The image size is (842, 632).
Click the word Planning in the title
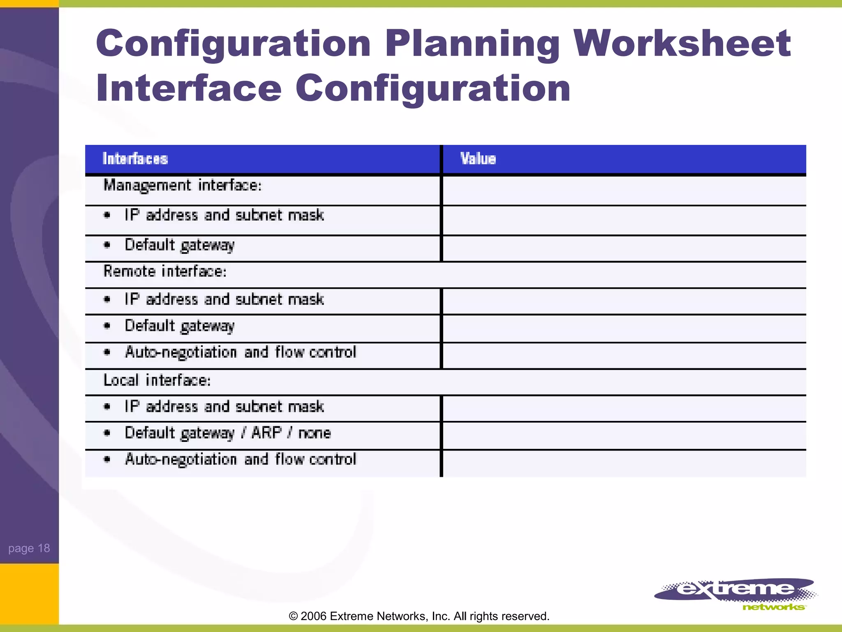pyautogui.click(x=472, y=44)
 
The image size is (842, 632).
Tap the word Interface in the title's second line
pyautogui.click(x=189, y=88)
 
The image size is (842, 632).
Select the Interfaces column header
pyautogui.click(x=135, y=159)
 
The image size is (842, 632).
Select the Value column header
pyautogui.click(x=478, y=159)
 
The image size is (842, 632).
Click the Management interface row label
pyautogui.click(x=183, y=185)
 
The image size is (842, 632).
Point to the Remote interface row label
pyautogui.click(x=165, y=271)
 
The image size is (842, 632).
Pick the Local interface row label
pyautogui.click(x=157, y=380)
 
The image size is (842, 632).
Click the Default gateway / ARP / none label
pyautogui.click(x=228, y=433)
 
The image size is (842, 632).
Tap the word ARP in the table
pyautogui.click(x=267, y=432)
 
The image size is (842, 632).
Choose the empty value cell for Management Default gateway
pyautogui.click(x=624, y=249)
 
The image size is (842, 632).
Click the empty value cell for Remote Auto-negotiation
pyautogui.click(x=624, y=355)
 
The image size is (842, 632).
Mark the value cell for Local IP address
pyautogui.click(x=624, y=408)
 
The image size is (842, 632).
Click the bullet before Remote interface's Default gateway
pyautogui.click(x=107, y=326)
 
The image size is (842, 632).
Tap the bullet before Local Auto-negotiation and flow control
pyautogui.click(x=107, y=460)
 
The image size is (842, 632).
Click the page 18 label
pyautogui.click(x=29, y=548)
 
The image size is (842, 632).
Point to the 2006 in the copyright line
pyautogui.click(x=313, y=616)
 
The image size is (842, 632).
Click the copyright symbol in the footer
pyautogui.click(x=293, y=616)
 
